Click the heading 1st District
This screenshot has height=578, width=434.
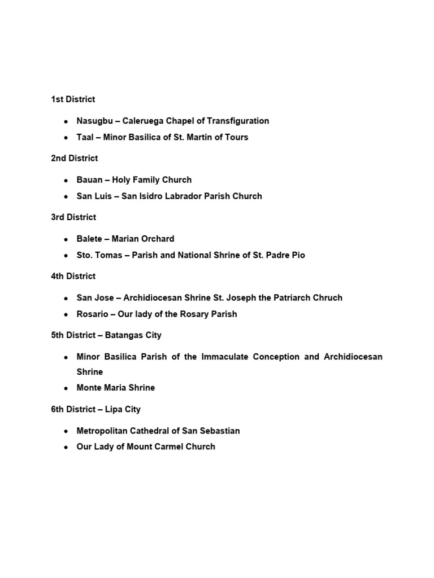[x=73, y=99]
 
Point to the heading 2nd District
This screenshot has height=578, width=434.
[x=74, y=158]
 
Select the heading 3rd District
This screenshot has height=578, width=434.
[x=73, y=217]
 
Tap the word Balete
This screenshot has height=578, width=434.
[x=89, y=239]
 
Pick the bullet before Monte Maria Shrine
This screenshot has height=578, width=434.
[x=66, y=388]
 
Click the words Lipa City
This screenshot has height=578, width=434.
[x=124, y=409]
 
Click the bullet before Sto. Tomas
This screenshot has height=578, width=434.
[x=66, y=256]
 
